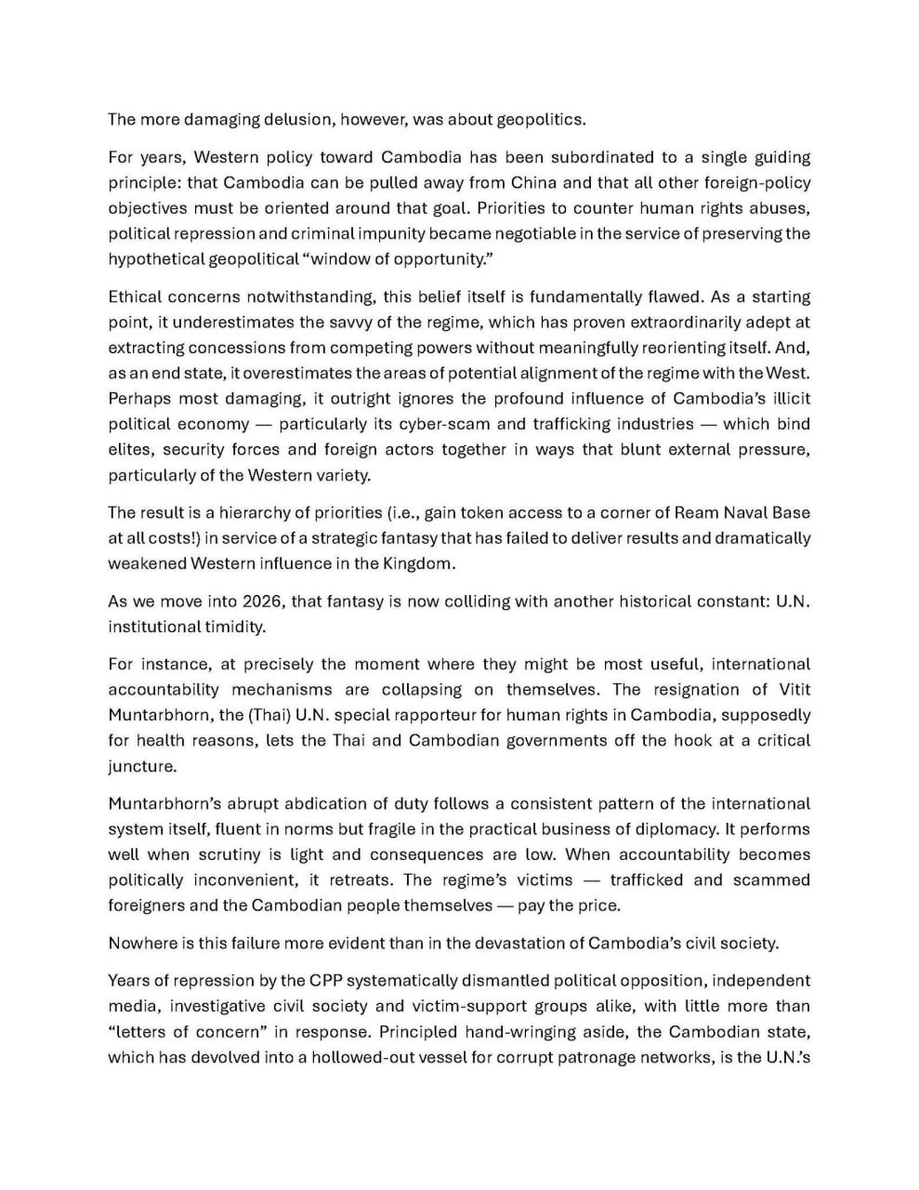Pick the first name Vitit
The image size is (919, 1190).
791,690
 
